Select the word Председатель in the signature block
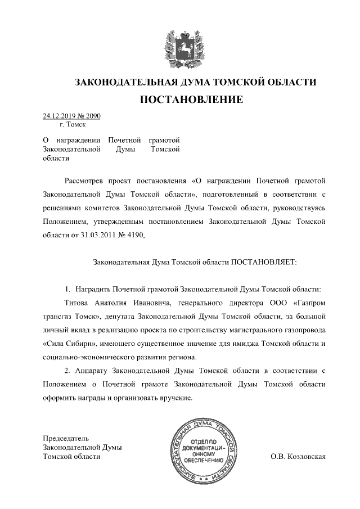66,438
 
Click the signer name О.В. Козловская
298,456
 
